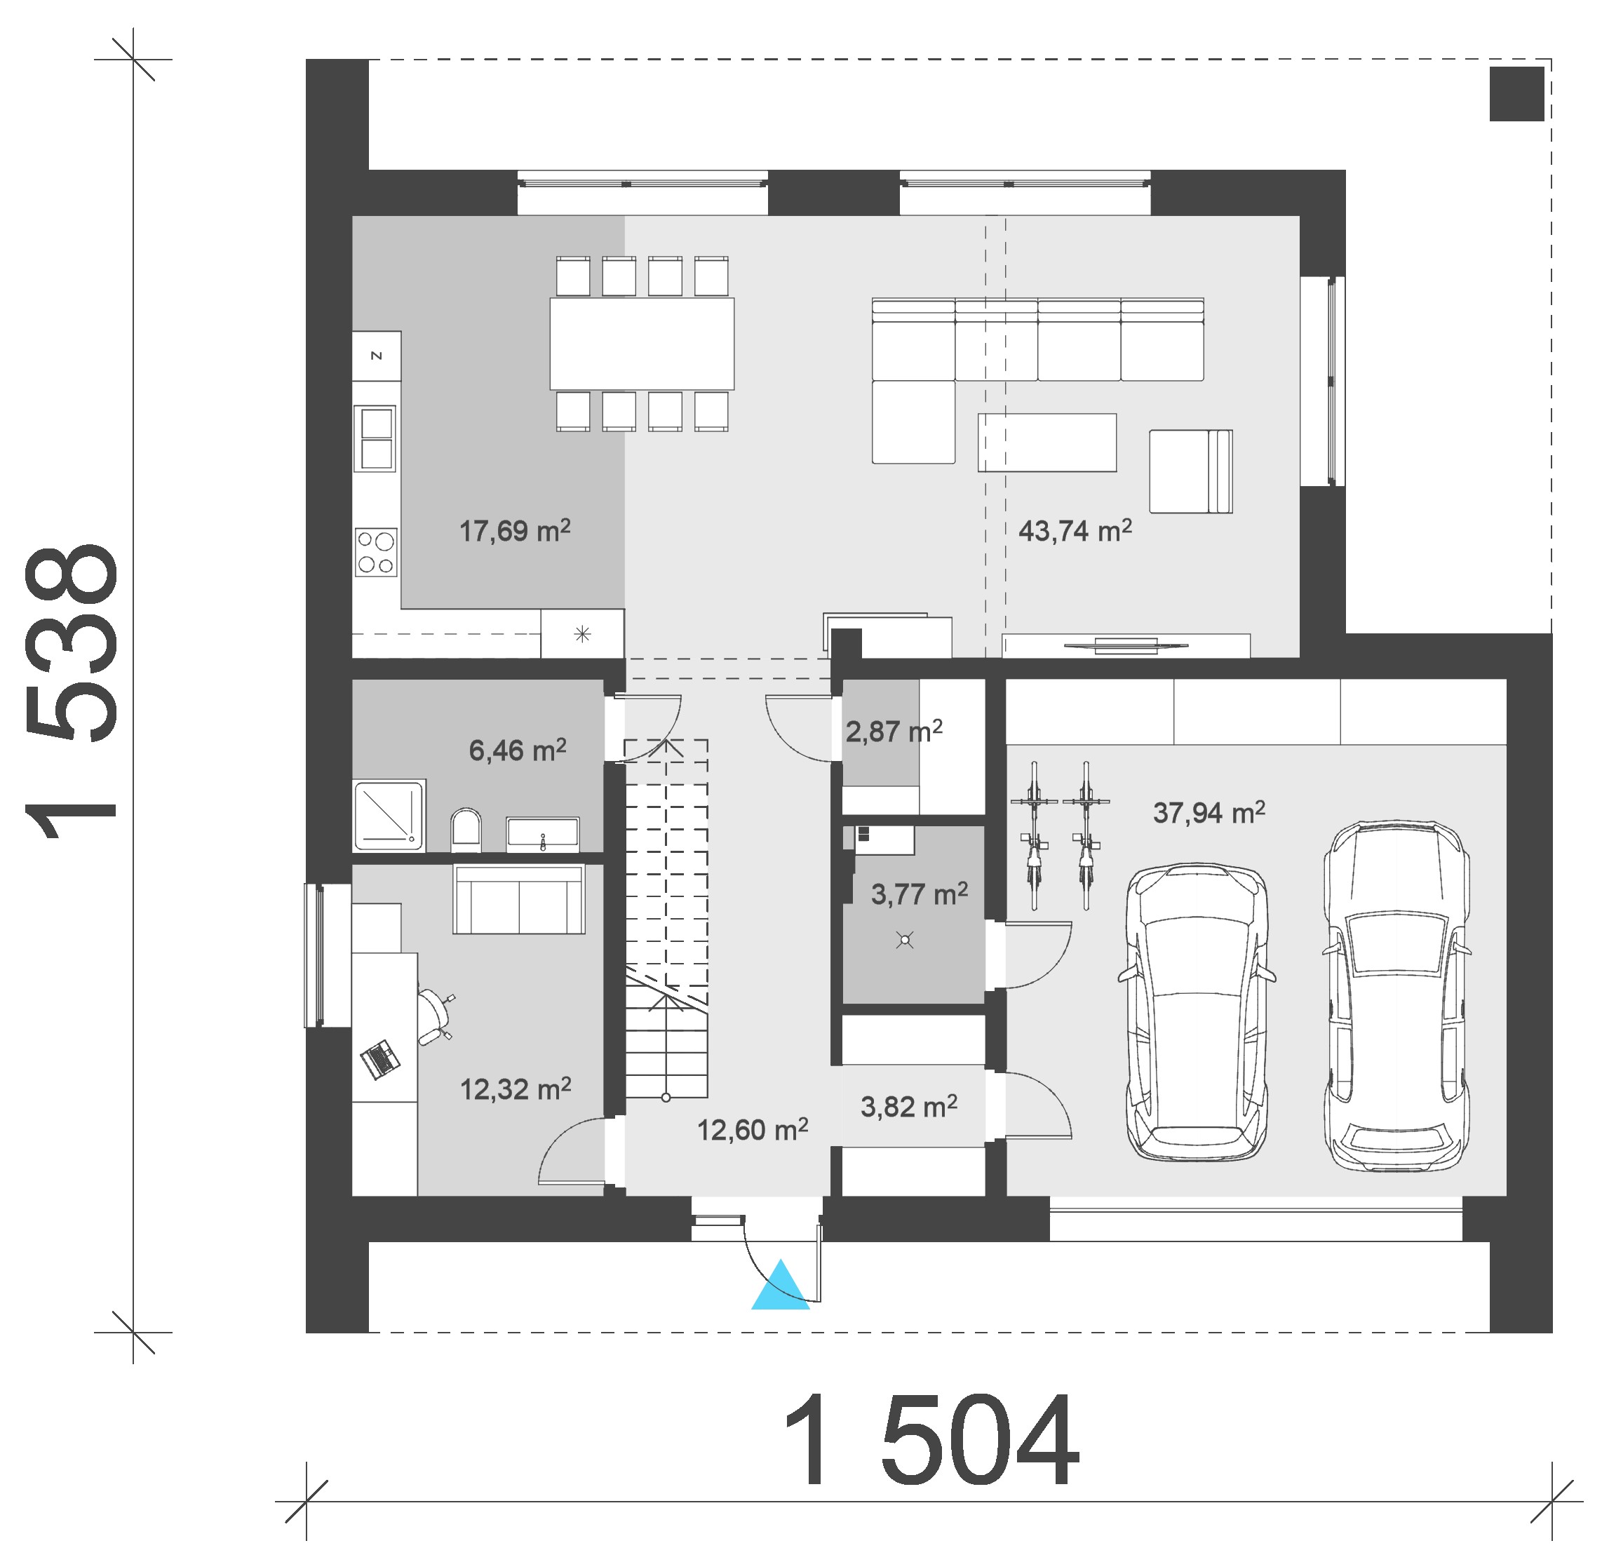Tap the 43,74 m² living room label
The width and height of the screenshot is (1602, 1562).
point(1075,531)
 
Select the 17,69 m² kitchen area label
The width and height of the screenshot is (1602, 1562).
point(514,531)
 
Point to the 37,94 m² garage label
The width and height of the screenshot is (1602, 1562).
point(1209,812)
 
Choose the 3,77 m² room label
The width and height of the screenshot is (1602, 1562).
point(919,894)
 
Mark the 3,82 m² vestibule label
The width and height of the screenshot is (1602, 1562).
point(908,1107)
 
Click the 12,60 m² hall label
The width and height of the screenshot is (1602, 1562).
point(752,1130)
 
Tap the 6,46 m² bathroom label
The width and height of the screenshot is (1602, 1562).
point(517,749)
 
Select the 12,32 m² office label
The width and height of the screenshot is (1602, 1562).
point(515,1089)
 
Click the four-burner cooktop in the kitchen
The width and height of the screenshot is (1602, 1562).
point(376,552)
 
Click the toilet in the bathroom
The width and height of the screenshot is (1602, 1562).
point(465,830)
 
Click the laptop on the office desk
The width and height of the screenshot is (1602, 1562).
point(379,1058)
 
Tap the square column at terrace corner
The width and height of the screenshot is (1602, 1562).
point(1516,93)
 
